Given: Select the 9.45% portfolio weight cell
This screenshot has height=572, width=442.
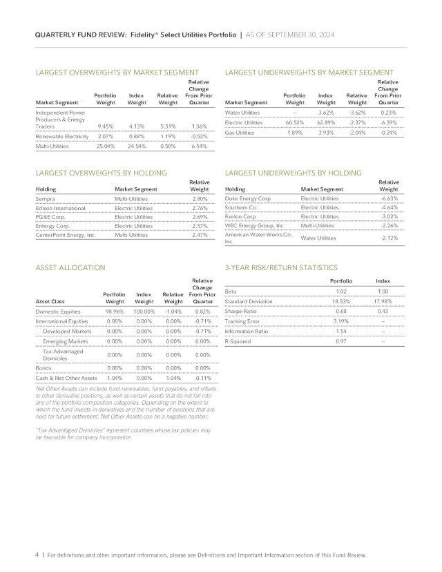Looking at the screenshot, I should coord(105,126).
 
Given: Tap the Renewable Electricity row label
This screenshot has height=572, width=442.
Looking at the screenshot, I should coord(64,137).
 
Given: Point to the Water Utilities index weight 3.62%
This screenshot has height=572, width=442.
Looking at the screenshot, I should coord(325,112).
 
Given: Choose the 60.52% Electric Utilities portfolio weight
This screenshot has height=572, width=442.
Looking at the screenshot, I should coord(295,122).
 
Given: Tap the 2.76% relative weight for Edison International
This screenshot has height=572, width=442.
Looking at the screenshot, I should coord(199,207).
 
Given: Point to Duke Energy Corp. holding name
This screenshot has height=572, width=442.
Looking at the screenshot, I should coord(251,198).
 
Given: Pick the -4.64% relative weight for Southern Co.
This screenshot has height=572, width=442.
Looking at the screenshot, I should coord(390,207).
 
